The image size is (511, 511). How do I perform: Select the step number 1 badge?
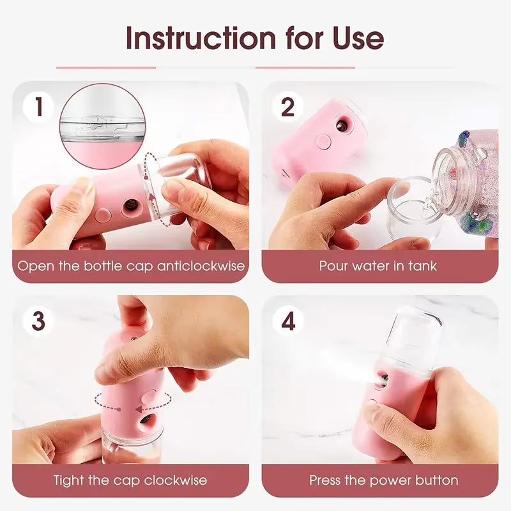tap(39, 107)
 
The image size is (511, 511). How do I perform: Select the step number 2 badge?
tap(288, 107)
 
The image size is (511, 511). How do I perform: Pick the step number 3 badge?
tap(39, 321)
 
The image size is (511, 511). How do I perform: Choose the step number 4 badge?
tap(288, 321)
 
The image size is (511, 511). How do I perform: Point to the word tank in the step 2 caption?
tap(422, 266)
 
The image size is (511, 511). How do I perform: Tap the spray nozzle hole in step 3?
tap(146, 420)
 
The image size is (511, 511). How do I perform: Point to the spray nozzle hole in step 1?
tap(130, 207)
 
